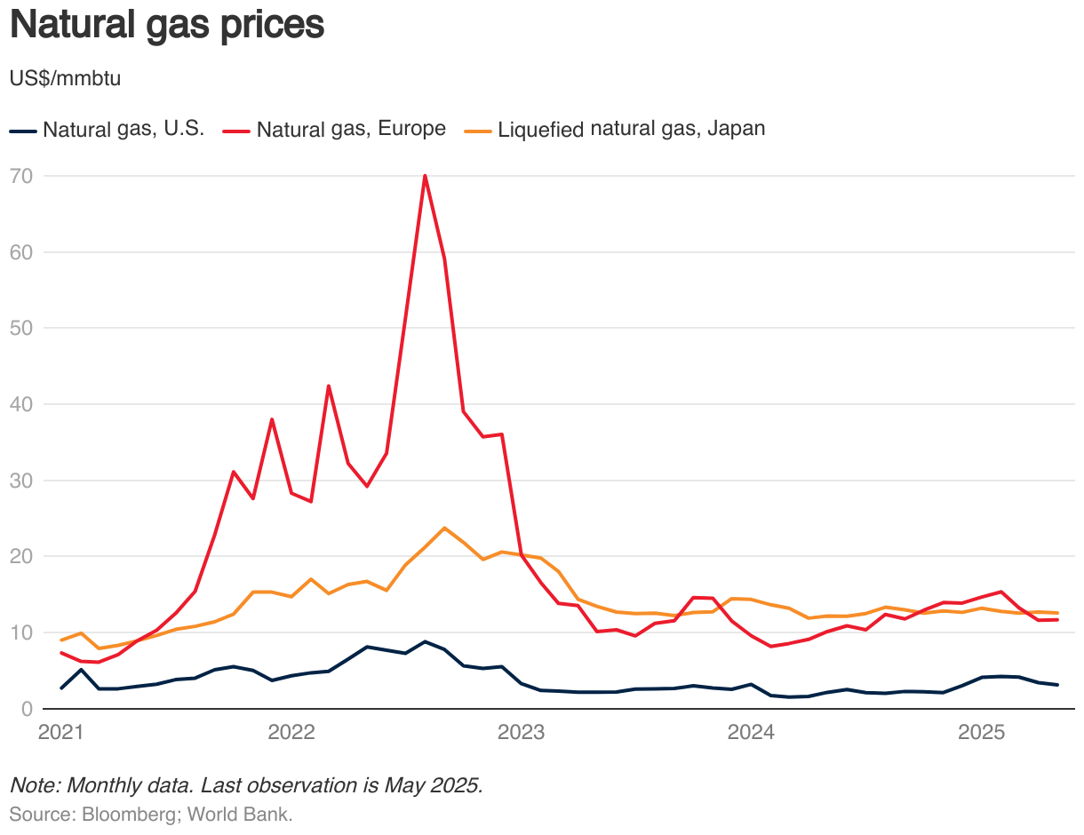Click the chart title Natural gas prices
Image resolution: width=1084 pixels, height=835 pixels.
click(166, 25)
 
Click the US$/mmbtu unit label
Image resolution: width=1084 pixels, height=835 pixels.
click(65, 78)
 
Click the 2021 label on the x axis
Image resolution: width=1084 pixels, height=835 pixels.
click(61, 733)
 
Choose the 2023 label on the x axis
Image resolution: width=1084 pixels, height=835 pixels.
click(522, 733)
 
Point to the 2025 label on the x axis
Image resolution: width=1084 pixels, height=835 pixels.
click(982, 733)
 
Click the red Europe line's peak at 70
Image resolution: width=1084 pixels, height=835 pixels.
click(425, 176)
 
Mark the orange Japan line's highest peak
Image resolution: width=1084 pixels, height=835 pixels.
click(444, 528)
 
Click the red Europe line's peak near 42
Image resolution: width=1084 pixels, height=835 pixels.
click(329, 386)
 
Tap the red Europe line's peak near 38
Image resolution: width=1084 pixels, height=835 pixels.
click(272, 419)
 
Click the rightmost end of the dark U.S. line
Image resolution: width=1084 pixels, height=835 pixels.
click(1056, 685)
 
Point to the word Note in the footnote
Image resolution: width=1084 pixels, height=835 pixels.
click(31, 786)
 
